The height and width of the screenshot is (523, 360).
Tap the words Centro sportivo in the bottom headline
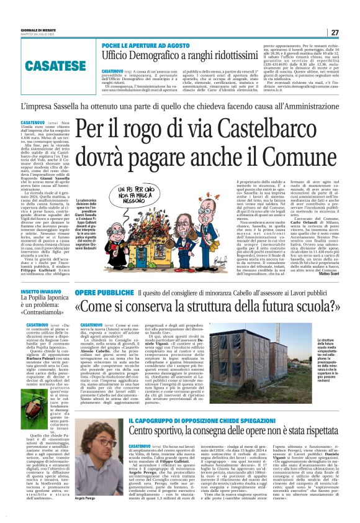tap(161, 444)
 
